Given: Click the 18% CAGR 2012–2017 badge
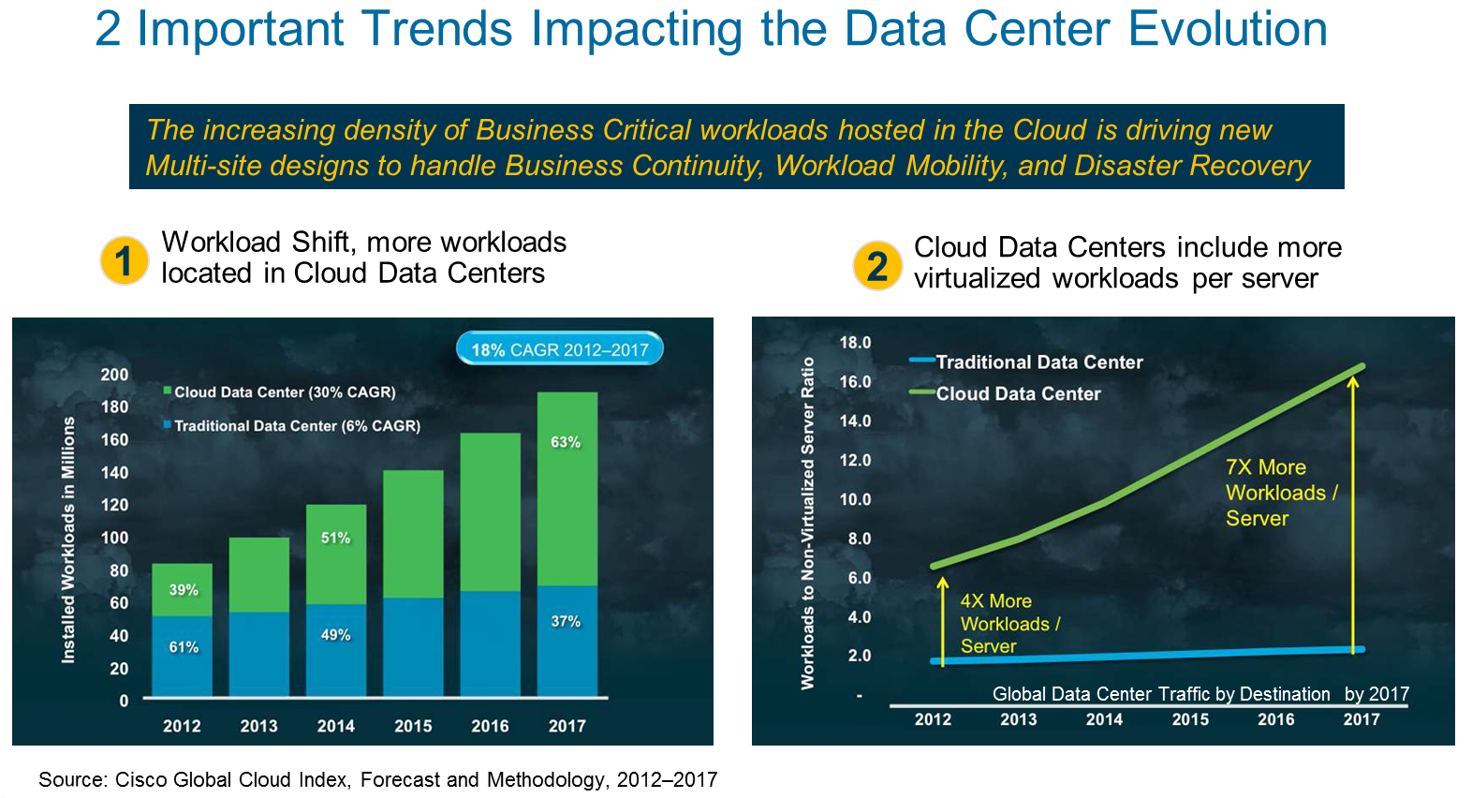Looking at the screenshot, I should point(559,349).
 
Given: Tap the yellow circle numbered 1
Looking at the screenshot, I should point(125,260).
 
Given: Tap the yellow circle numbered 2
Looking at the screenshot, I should point(877,266).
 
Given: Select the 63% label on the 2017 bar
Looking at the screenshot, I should point(566,442).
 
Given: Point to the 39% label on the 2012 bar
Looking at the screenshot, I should point(184,590).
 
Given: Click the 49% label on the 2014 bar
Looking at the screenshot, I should point(335,635).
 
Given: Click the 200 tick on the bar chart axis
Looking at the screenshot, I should point(114,375).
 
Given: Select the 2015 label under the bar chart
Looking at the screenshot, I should point(413,726).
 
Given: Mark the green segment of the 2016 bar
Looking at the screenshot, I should point(490,510).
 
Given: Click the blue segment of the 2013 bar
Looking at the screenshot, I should point(259,654).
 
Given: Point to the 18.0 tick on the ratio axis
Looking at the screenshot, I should point(855,343).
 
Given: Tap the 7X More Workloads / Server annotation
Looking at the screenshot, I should point(1281,493).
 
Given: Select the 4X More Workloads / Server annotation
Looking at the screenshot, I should point(1009,624).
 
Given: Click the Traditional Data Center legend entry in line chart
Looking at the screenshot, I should point(1038,362).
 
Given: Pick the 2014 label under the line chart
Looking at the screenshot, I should point(1104,719).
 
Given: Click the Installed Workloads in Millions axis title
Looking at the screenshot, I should point(68,540).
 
